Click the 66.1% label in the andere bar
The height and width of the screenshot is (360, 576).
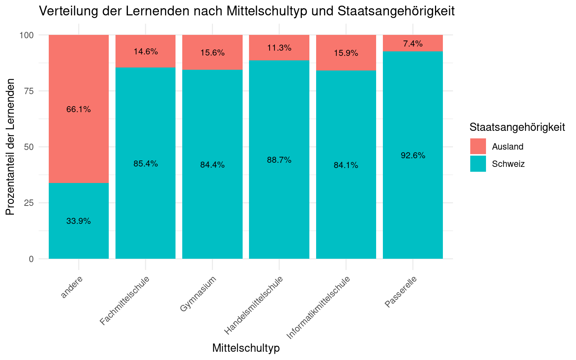(78, 109)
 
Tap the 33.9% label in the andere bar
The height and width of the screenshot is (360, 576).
(78, 221)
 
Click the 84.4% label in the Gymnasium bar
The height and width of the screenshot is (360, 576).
(212, 165)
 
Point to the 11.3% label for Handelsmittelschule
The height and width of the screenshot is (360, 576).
(279, 48)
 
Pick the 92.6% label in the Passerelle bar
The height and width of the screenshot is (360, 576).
(413, 156)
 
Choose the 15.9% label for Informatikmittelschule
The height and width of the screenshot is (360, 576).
(346, 53)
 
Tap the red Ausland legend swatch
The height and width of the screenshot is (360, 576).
(478, 146)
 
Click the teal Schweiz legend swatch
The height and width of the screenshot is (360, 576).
(478, 164)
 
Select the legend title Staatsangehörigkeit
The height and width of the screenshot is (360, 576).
(517, 127)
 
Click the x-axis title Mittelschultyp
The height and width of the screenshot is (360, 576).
(246, 348)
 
